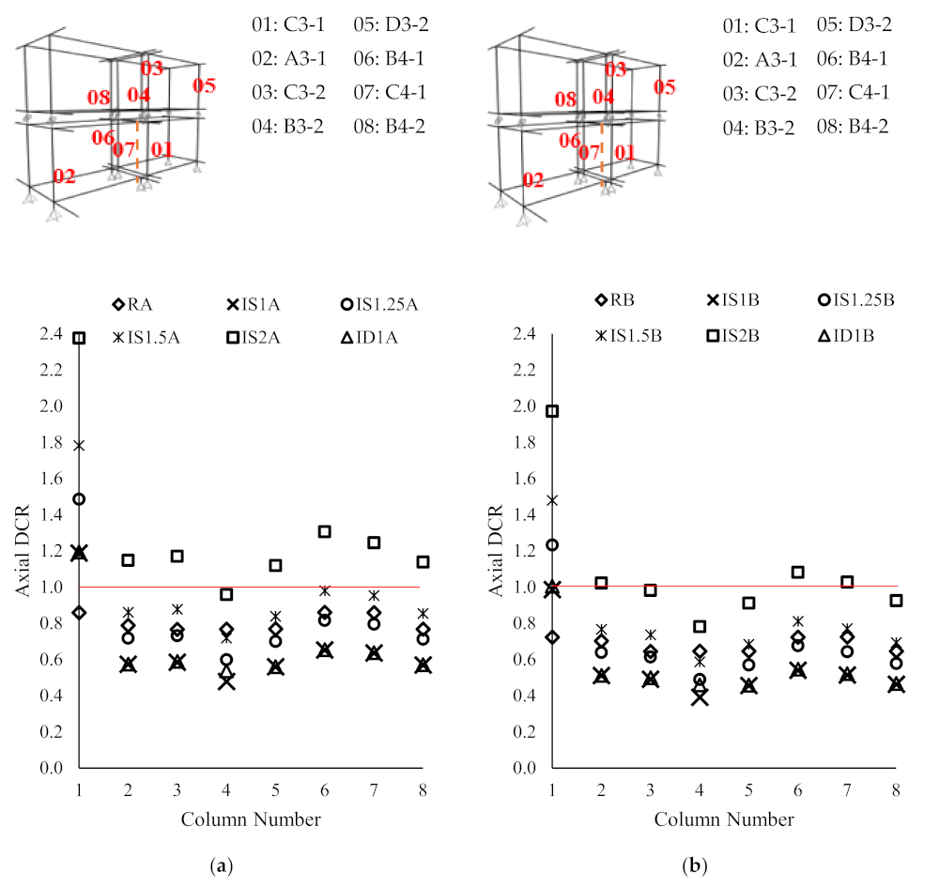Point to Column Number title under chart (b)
(x=724, y=819)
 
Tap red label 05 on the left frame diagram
(x=204, y=86)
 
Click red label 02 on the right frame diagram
(x=532, y=180)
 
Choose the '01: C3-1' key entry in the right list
(x=760, y=25)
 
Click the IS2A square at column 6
(x=325, y=531)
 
